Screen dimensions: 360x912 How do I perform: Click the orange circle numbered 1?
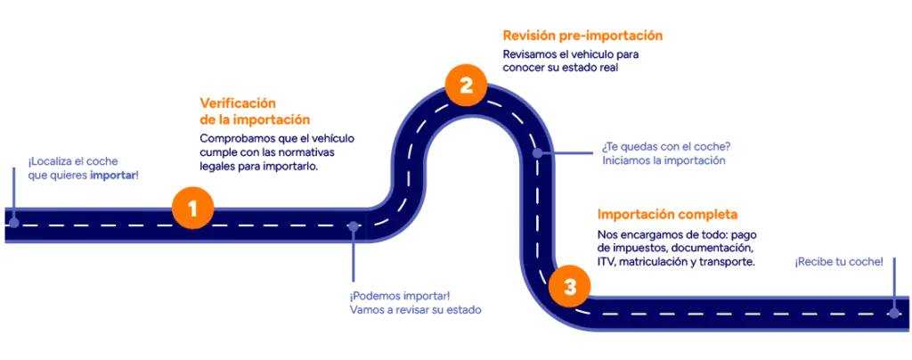click(x=192, y=209)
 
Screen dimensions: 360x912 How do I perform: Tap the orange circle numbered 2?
click(x=465, y=86)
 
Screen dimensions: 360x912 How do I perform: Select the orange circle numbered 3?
click(x=570, y=287)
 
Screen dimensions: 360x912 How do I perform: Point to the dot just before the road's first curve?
click(x=354, y=226)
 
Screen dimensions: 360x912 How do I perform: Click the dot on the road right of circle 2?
click(x=537, y=153)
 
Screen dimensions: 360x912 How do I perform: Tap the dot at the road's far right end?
click(x=893, y=313)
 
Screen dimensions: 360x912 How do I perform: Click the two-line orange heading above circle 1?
click(x=254, y=111)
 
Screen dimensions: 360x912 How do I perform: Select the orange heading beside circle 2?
click(x=582, y=36)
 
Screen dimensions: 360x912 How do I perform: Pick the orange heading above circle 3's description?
click(x=666, y=214)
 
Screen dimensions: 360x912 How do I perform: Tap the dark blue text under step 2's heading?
click(x=570, y=61)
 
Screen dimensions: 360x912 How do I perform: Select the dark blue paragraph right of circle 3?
click(x=675, y=249)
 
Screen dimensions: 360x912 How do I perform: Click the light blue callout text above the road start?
click(x=83, y=169)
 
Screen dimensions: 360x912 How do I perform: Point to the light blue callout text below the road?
click(x=415, y=303)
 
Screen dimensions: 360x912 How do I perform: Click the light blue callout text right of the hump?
click(x=664, y=152)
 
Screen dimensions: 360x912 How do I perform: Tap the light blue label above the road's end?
click(x=837, y=263)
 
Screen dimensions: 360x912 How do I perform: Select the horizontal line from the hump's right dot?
click(x=570, y=153)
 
